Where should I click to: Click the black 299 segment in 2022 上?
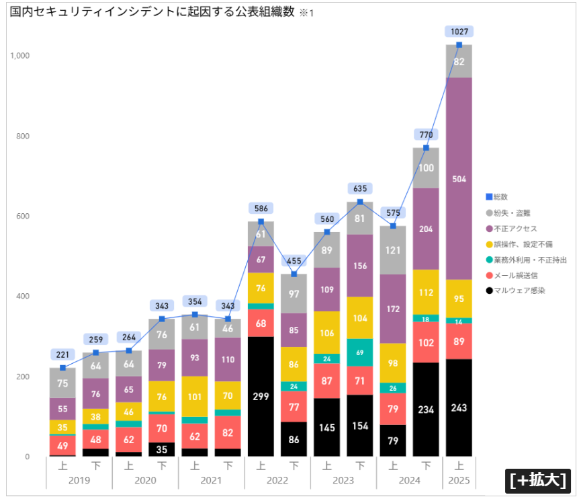(261, 396)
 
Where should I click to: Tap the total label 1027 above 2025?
(459, 31)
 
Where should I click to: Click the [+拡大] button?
(538, 481)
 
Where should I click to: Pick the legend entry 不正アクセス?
(515, 229)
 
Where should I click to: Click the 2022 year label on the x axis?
(277, 480)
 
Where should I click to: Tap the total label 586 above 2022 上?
(261, 208)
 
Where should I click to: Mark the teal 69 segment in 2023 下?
(360, 352)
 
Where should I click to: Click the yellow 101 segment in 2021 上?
(195, 396)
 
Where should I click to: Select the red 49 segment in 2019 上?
(62, 445)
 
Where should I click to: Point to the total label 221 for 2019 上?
(62, 354)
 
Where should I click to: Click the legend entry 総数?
(500, 197)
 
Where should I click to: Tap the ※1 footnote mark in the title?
(306, 13)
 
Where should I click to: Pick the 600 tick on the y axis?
(23, 217)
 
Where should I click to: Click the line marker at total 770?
(426, 148)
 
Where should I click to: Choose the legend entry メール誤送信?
(515, 275)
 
